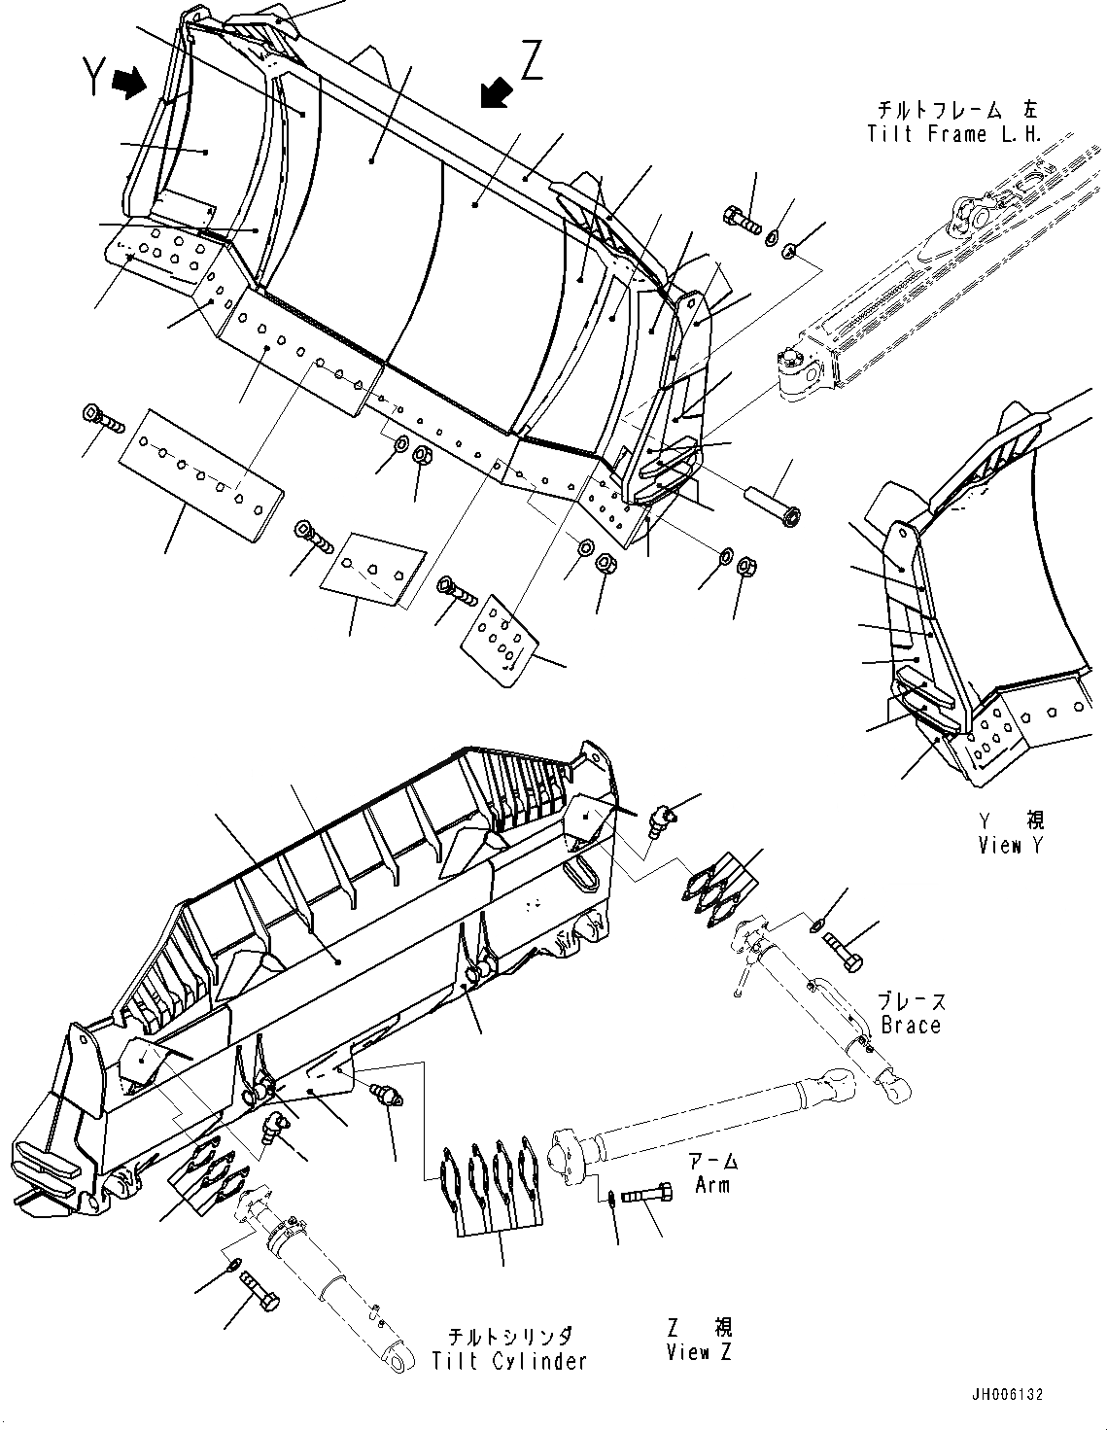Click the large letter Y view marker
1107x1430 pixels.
tap(92, 78)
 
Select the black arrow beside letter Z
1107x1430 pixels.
tap(497, 93)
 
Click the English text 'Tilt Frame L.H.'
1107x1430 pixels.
tap(953, 134)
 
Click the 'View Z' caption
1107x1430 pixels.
tap(700, 1352)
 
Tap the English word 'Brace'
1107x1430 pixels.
tap(911, 1025)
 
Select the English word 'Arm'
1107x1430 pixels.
tap(711, 1185)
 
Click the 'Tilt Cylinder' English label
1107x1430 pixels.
tap(510, 1361)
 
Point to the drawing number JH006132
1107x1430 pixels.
tap(1005, 1394)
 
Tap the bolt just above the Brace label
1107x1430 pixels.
tap(843, 949)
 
